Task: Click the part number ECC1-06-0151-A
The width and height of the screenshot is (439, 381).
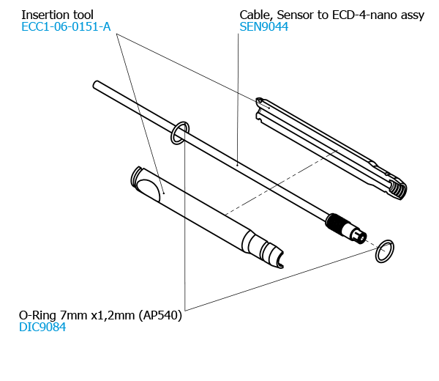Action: [x=66, y=27]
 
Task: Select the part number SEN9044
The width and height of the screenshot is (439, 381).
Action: [x=263, y=27]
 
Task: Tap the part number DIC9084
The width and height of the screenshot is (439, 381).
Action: [x=42, y=328]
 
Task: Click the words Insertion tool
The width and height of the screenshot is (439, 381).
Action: [x=57, y=15]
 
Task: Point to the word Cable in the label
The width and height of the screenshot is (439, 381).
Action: [x=256, y=15]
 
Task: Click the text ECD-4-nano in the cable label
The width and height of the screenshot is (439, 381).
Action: [x=359, y=15]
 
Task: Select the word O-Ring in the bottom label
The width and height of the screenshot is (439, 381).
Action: [x=37, y=315]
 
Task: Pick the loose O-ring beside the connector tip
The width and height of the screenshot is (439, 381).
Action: [x=385, y=251]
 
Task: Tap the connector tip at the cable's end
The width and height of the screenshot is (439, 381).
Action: [x=359, y=236]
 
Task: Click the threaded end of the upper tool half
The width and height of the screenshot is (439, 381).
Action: [x=397, y=188]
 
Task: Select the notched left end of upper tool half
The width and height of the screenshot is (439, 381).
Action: [x=260, y=107]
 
